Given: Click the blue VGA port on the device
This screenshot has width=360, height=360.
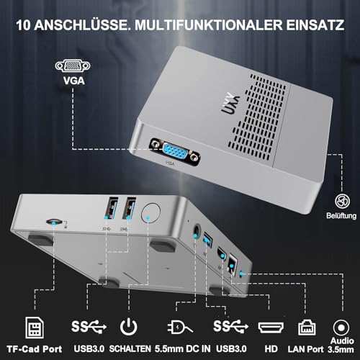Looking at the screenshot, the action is pyautogui.click(x=175, y=151).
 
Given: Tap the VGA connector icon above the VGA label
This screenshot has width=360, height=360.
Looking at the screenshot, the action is pyautogui.click(x=73, y=66).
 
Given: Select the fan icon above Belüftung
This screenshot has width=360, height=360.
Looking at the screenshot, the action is pyautogui.click(x=342, y=201).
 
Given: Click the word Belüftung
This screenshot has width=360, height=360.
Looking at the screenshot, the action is pyautogui.click(x=341, y=215).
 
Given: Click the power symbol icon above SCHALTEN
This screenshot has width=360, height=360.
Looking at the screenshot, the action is pyautogui.click(x=129, y=326).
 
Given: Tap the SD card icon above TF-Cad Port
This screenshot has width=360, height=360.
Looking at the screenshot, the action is pyautogui.click(x=35, y=328).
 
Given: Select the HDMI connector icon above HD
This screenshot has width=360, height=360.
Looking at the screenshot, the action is pyautogui.click(x=271, y=328).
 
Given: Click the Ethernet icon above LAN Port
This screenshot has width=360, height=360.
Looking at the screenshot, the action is pyautogui.click(x=307, y=328).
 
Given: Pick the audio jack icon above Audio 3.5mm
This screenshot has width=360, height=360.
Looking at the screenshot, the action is pyautogui.click(x=341, y=328).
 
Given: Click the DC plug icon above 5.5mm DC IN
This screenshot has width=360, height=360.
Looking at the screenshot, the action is pyautogui.click(x=180, y=326).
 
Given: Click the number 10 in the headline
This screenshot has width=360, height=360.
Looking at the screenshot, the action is pyautogui.click(x=23, y=25).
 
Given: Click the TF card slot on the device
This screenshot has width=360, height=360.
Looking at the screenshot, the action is pyautogui.click(x=54, y=221).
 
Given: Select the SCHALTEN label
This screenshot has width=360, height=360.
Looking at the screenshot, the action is pyautogui.click(x=130, y=348).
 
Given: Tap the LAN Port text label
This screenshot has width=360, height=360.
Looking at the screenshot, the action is pyautogui.click(x=305, y=349).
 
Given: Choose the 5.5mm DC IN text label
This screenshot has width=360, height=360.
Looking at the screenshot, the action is pyautogui.click(x=182, y=348).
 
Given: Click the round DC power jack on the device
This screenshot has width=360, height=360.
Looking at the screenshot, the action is pyautogui.click(x=197, y=231).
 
